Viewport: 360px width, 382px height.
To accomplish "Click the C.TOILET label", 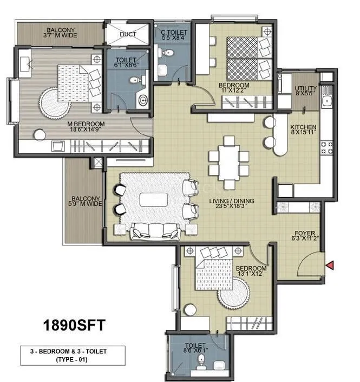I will [x=174, y=35].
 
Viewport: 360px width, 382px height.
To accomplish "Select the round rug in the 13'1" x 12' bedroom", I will [x=234, y=295].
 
